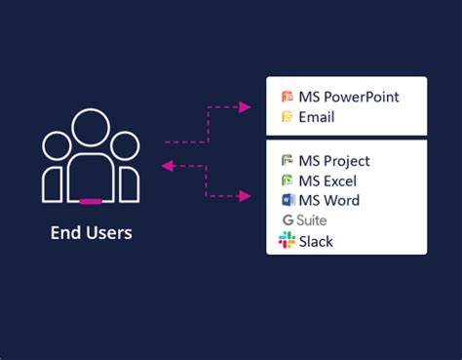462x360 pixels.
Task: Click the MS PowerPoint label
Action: [x=349, y=97]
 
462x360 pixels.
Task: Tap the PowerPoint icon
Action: [x=288, y=97]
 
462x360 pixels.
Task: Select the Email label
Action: [x=318, y=117]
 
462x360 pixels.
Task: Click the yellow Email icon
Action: [x=288, y=117]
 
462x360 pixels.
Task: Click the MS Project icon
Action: [x=288, y=161]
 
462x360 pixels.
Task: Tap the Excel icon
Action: [x=288, y=180]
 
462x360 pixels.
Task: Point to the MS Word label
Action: [x=330, y=201]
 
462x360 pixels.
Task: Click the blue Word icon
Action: [x=288, y=201]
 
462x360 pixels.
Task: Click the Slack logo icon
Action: [x=288, y=240]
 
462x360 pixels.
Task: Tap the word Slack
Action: [x=317, y=241]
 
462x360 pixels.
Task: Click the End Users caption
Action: [x=91, y=233]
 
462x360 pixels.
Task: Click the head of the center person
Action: [x=91, y=129]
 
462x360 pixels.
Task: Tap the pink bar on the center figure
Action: [x=91, y=201]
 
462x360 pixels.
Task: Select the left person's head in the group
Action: [x=57, y=145]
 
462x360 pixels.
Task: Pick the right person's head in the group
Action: [x=125, y=145]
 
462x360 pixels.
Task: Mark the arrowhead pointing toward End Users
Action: [x=168, y=167]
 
